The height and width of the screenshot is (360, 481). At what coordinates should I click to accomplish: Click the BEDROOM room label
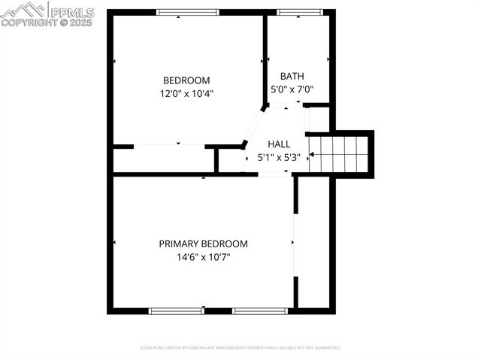(186, 80)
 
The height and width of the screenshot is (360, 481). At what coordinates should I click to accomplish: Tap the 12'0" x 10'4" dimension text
(186, 94)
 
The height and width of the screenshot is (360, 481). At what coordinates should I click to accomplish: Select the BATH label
(292, 76)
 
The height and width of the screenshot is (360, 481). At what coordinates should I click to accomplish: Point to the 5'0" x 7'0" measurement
(292, 89)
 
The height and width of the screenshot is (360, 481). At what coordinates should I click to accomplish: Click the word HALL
(279, 144)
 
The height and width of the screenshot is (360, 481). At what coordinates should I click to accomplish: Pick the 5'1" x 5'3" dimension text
(279, 158)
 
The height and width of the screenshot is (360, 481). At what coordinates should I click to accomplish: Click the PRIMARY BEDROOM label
(203, 244)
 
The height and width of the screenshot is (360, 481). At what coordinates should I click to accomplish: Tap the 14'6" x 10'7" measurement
(203, 257)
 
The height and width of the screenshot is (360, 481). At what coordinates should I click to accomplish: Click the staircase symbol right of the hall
(340, 153)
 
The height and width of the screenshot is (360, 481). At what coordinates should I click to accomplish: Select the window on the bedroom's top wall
(188, 12)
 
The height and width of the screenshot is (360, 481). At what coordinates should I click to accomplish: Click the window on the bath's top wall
(299, 12)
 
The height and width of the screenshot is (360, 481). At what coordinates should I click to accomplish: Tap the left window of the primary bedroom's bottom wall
(177, 310)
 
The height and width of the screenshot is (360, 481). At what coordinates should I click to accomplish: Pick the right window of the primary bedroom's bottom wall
(260, 310)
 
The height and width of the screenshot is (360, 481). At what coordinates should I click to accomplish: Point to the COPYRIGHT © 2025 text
(47, 23)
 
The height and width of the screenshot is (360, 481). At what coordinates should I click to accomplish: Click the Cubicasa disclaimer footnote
(240, 348)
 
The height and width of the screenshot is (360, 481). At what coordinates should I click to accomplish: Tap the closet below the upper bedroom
(162, 159)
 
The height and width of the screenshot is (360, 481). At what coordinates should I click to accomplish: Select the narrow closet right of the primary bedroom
(314, 241)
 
